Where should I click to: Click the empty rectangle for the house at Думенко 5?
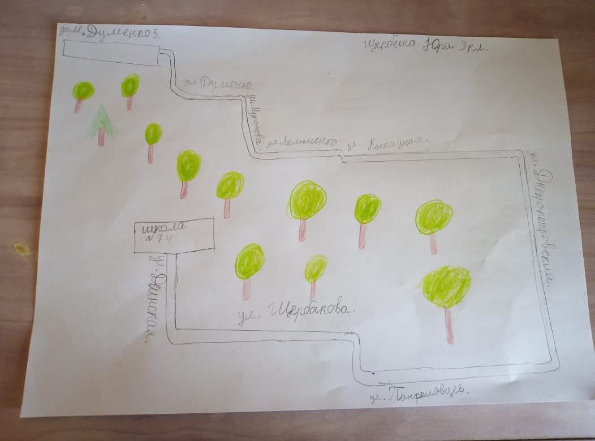110,52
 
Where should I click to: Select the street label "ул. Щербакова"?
297,310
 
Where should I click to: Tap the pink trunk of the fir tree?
101,137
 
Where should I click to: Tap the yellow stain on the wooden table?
22,249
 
